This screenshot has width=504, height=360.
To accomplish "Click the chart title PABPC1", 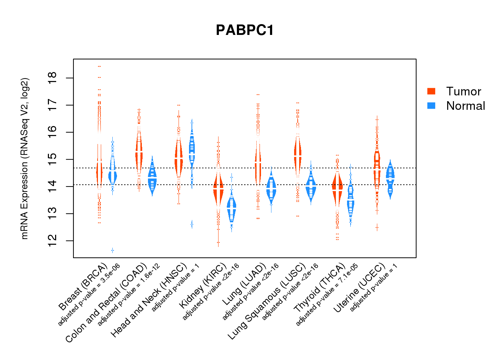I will coord(245,30).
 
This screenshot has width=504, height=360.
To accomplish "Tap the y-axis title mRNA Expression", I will coord(24,158).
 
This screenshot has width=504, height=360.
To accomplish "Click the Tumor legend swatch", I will coord(431,91).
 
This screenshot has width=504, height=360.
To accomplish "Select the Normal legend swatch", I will coord(431,105).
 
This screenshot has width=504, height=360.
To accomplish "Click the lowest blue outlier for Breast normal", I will coord(113,250).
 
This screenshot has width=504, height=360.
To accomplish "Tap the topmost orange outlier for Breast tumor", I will coord(99,66).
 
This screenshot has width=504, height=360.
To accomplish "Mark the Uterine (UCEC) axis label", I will coord(359,287).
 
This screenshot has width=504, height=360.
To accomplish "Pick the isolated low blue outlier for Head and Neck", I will coord(192,224).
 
